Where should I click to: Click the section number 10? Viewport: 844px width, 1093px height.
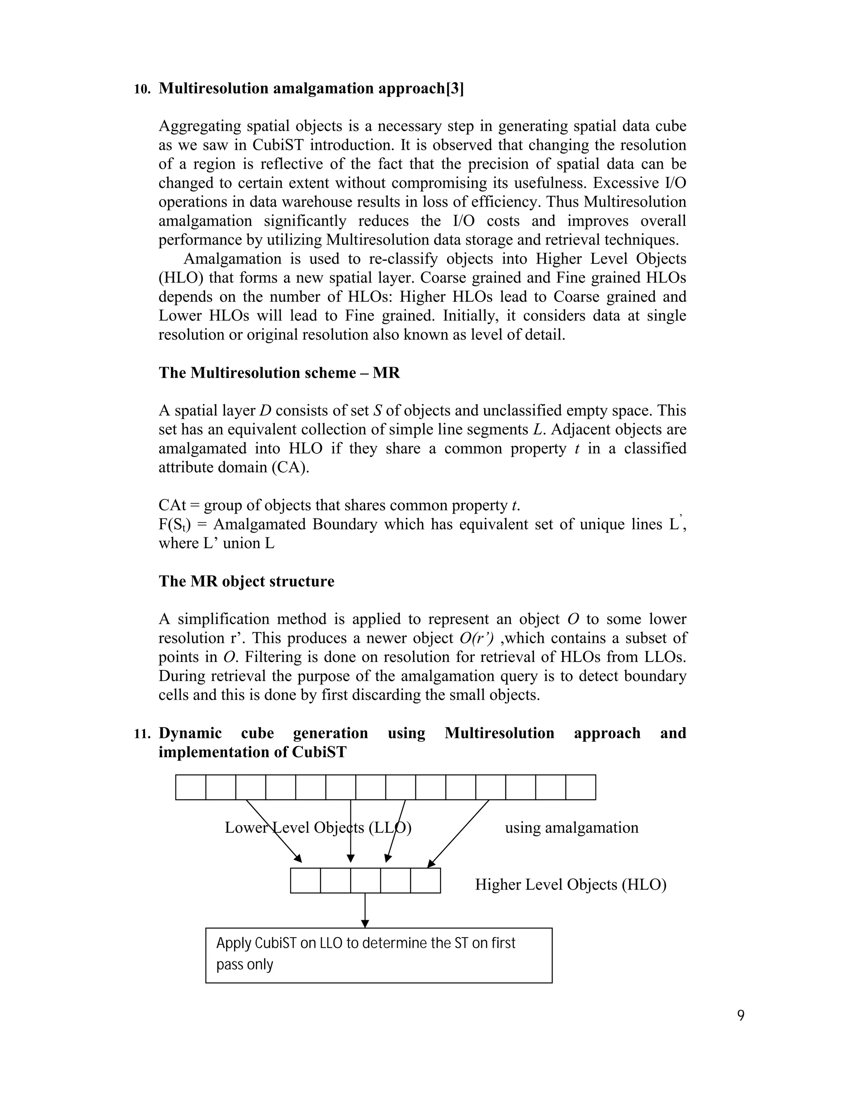142,90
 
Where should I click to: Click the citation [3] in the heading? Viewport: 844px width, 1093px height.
455,88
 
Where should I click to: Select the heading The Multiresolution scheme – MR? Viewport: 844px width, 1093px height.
279,373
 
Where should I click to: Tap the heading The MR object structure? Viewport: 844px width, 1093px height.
246,581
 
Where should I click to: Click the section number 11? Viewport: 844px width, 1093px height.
142,734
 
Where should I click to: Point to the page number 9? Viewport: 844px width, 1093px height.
741,1015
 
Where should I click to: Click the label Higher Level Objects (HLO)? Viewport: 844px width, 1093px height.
570,884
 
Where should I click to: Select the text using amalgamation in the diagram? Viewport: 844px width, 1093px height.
572,827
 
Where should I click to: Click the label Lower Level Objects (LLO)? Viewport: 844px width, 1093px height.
318,827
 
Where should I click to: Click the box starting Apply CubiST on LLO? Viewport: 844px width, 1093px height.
378,955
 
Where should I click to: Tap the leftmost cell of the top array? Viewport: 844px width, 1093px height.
190,787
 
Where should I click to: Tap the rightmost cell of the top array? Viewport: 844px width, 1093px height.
581,787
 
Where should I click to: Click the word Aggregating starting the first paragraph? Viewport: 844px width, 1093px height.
200,126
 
